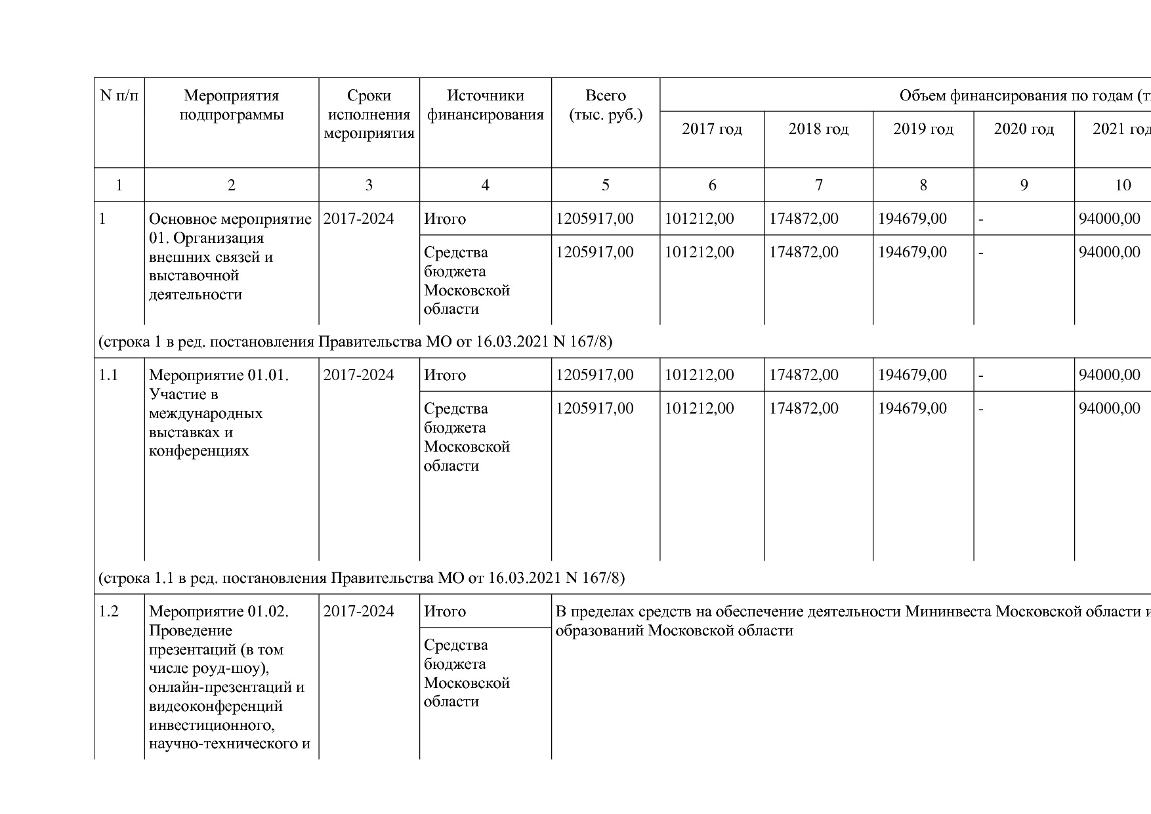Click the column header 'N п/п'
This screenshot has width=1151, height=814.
(x=119, y=96)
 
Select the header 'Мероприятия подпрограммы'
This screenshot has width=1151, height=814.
(x=231, y=106)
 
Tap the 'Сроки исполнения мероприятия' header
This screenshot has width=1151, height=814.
(x=369, y=115)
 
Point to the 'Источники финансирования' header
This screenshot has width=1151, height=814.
(x=485, y=106)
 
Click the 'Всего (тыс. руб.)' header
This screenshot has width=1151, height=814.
(x=605, y=106)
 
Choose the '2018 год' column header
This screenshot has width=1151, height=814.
(x=818, y=129)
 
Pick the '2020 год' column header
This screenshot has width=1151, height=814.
(x=1024, y=129)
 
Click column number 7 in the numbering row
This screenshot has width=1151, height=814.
(x=818, y=185)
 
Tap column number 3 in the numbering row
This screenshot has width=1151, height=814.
(x=369, y=185)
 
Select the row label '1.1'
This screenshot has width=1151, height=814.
(x=108, y=375)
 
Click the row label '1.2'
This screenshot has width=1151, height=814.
(x=108, y=612)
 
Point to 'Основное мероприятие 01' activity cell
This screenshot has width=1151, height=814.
(x=230, y=257)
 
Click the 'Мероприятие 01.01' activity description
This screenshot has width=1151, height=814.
(x=219, y=413)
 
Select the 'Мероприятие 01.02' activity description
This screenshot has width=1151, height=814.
(x=229, y=677)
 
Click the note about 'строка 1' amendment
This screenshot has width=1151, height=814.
(x=355, y=342)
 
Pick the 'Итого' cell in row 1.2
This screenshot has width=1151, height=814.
(x=445, y=612)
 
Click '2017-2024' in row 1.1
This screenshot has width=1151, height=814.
(x=358, y=375)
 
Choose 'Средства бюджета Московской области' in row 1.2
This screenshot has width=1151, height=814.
(x=467, y=674)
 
